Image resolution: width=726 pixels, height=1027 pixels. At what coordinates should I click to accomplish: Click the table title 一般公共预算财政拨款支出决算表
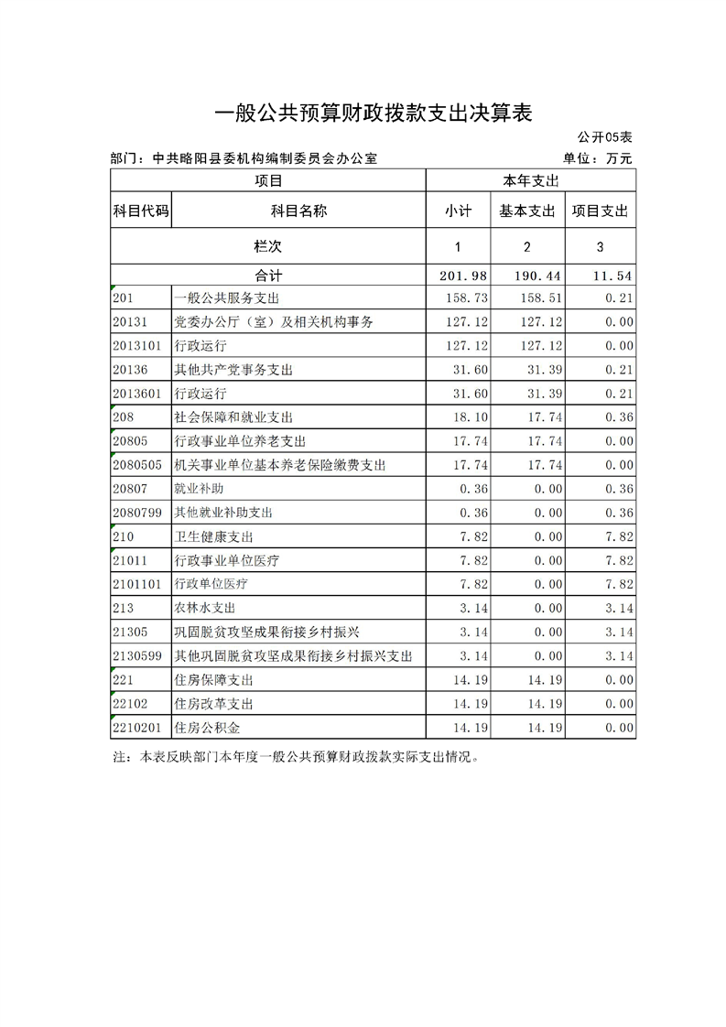(373, 114)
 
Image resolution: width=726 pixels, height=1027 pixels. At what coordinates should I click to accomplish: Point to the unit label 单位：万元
(599, 158)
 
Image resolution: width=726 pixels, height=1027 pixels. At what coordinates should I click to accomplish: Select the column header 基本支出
(527, 211)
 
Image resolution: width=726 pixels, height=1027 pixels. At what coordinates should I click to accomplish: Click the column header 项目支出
(600, 211)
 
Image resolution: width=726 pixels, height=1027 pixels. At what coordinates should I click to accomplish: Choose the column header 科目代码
(140, 211)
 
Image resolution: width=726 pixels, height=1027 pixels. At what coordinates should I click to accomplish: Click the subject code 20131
(130, 322)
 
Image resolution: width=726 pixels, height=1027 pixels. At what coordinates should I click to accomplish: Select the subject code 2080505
(137, 465)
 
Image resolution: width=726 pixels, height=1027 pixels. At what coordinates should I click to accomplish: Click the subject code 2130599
(137, 656)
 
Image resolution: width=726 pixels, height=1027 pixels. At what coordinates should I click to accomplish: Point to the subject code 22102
(130, 704)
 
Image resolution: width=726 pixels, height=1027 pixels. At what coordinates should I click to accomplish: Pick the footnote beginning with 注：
(295, 758)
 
